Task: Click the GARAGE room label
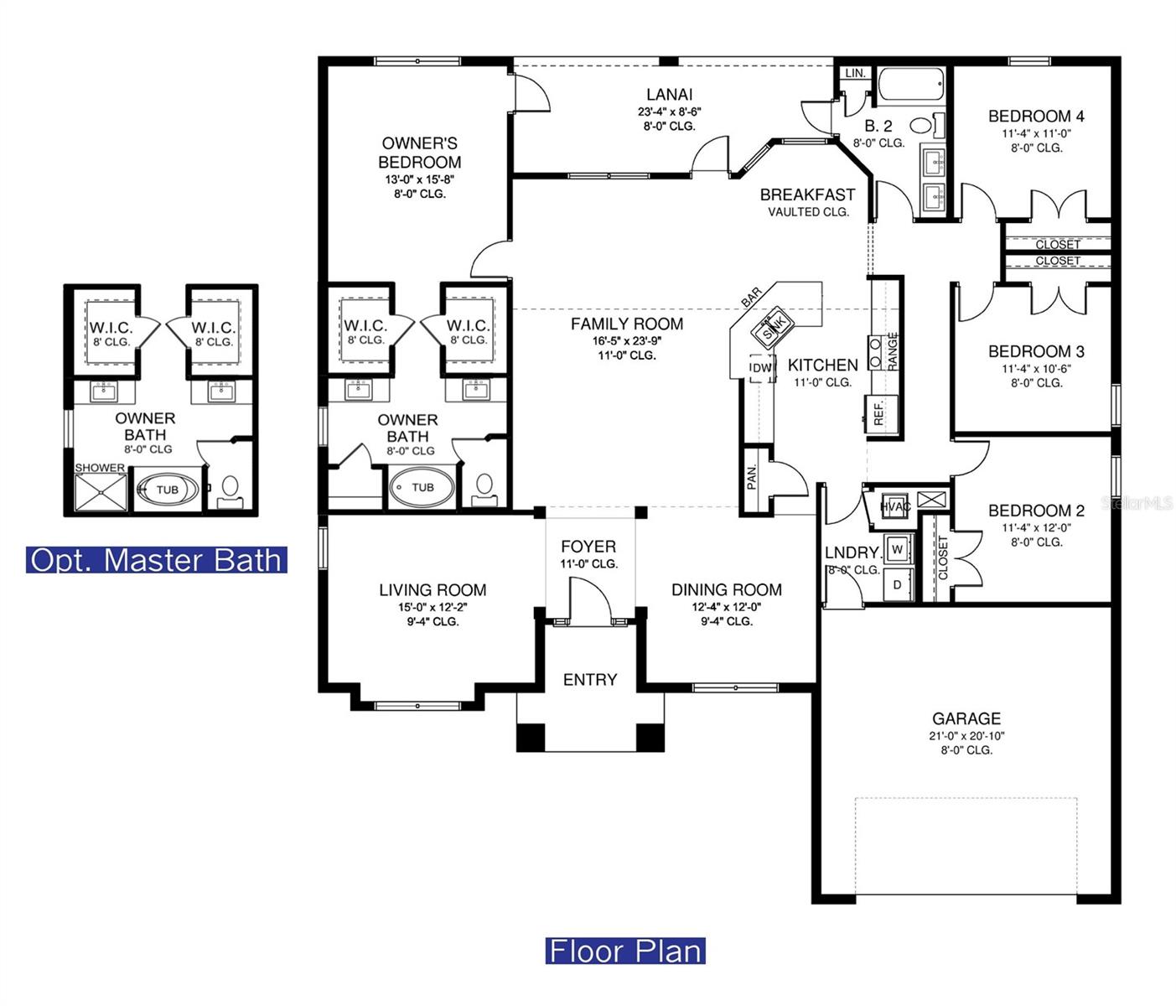tap(966, 718)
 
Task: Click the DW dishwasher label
tap(761, 368)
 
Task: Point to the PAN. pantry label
tap(752, 477)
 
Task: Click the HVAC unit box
tap(894, 506)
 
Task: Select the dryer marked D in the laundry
tap(898, 584)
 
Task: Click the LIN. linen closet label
tap(855, 74)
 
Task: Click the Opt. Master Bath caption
tap(157, 560)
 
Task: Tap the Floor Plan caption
tap(625, 952)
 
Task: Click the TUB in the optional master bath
tap(168, 490)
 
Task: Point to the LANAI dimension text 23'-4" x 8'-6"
tap(669, 111)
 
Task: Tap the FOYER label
tap(588, 547)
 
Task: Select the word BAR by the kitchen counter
tap(751, 297)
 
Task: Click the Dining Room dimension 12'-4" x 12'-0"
tap(726, 606)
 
